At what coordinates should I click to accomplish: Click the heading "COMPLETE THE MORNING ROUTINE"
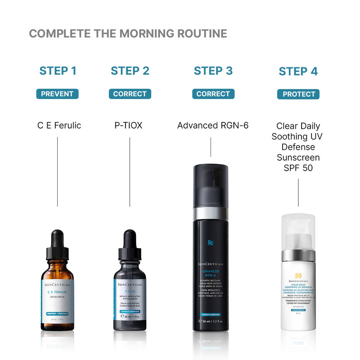128,34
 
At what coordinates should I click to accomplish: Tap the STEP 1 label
58,71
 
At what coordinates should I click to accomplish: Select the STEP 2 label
130,71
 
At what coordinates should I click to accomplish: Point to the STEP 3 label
213,71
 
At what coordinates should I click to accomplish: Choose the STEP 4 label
298,72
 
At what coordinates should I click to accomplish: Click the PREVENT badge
57,94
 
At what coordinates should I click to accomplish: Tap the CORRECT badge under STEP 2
130,94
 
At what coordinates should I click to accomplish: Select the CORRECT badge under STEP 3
213,94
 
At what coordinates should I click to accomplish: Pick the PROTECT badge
298,94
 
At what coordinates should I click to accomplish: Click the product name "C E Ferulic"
59,125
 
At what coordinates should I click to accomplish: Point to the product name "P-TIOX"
128,125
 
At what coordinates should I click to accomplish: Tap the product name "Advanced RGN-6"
213,125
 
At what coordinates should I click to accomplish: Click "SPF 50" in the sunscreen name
298,168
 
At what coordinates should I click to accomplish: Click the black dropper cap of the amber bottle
57,244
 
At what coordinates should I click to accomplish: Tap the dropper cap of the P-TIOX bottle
130,244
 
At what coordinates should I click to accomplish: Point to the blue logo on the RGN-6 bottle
211,243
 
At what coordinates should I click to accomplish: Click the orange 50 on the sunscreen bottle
298,276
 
